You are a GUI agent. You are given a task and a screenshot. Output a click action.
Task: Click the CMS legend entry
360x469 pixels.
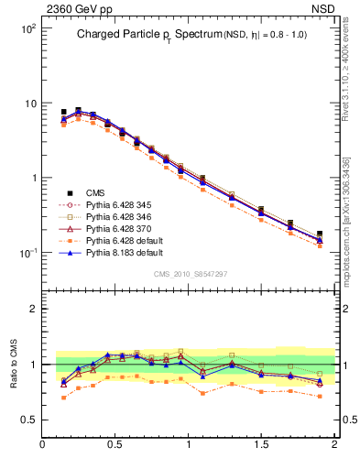[95, 192]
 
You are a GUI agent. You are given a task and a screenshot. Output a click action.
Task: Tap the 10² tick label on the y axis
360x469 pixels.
[27, 28]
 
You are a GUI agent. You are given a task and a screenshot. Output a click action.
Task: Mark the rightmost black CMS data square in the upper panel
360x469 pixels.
[320, 234]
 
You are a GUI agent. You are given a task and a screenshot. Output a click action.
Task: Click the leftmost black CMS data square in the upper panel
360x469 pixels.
[63, 112]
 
